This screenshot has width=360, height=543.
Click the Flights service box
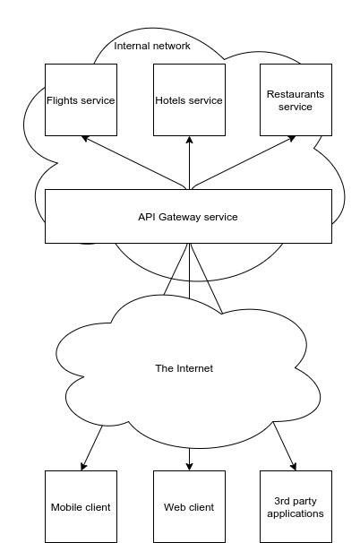point(81,99)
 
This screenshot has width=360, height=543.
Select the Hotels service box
point(188,99)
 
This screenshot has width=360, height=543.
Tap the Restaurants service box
point(296,99)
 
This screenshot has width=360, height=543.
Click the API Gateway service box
point(188,216)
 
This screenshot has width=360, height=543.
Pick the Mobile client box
point(81,506)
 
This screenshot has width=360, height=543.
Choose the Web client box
point(188,506)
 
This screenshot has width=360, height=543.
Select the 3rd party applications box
point(296,506)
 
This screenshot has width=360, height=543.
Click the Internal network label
point(152,46)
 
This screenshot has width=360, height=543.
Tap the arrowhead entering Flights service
point(85,139)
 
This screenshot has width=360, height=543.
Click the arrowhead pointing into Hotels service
point(189,140)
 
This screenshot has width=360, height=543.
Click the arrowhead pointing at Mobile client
point(83,466)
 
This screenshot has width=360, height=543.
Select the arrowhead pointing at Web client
point(189,466)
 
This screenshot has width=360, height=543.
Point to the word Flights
point(62,99)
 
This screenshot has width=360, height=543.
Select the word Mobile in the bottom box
point(66,507)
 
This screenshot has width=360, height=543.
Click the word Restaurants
point(296,92)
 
